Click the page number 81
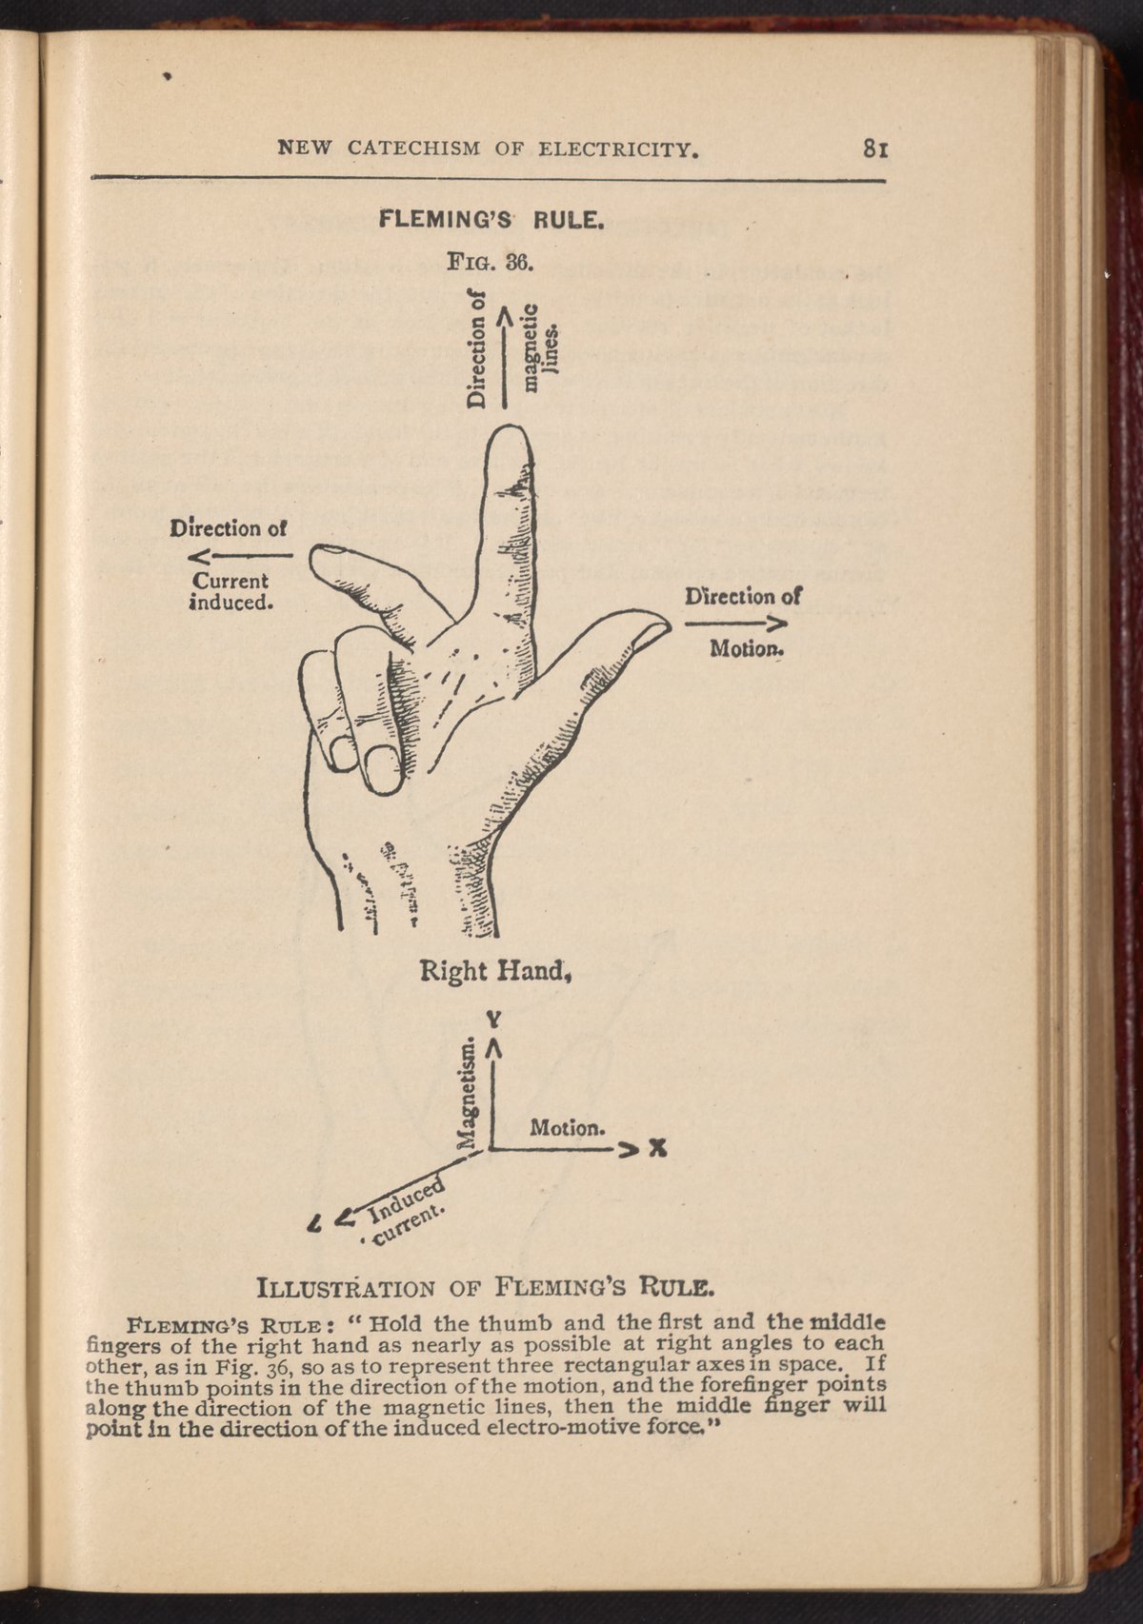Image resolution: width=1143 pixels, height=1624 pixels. pyautogui.click(x=875, y=149)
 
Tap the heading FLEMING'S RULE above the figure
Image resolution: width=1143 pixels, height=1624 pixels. pyautogui.click(x=491, y=221)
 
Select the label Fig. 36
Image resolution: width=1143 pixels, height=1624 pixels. pyautogui.click(x=491, y=260)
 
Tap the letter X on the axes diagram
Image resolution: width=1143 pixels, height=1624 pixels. pyautogui.click(x=655, y=1149)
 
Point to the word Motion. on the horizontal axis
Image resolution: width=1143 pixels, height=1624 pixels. pyautogui.click(x=567, y=1128)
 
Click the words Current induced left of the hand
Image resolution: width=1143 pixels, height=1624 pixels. pyautogui.click(x=231, y=591)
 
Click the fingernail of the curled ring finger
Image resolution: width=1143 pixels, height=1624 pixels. pyautogui.click(x=383, y=767)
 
